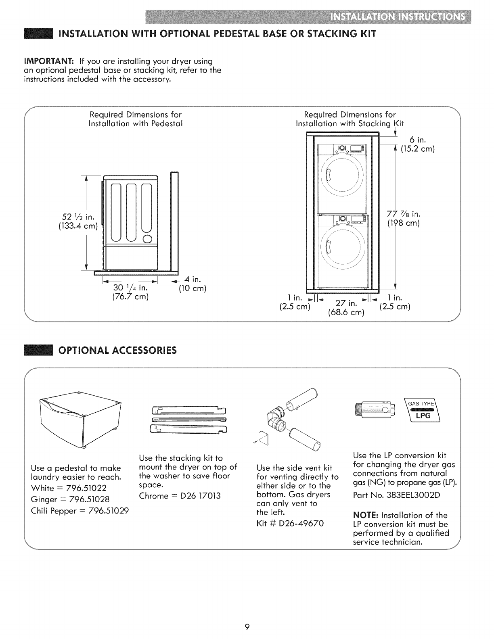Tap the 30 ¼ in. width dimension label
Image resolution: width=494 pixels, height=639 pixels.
pyautogui.click(x=130, y=288)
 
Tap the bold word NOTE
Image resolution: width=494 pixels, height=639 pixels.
pyautogui.click(x=366, y=515)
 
